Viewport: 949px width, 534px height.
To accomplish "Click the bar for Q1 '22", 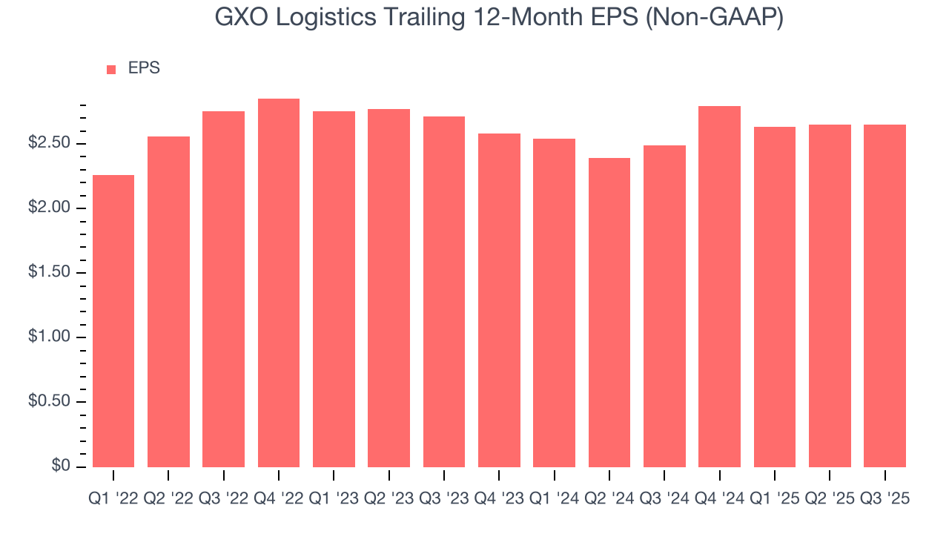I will (113, 320).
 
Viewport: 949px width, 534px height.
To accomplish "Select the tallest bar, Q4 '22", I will (279, 283).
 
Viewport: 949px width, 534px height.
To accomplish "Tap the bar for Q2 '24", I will (609, 312).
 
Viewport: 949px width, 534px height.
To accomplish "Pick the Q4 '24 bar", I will (719, 286).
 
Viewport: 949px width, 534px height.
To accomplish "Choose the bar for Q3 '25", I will (884, 295).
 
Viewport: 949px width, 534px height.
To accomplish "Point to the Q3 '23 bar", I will (444, 291).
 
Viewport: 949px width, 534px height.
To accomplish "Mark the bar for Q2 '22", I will (168, 301).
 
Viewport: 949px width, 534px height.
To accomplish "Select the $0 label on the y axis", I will (62, 466).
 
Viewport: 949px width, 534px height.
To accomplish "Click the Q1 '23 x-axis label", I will (334, 499).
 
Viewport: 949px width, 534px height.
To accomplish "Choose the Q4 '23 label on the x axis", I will (499, 499).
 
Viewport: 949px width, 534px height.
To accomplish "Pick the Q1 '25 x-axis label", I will (774, 499).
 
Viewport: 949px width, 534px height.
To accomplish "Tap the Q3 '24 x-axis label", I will (664, 499).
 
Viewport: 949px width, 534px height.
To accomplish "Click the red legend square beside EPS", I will (111, 70).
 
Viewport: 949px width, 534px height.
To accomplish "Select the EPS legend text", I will (144, 68).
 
